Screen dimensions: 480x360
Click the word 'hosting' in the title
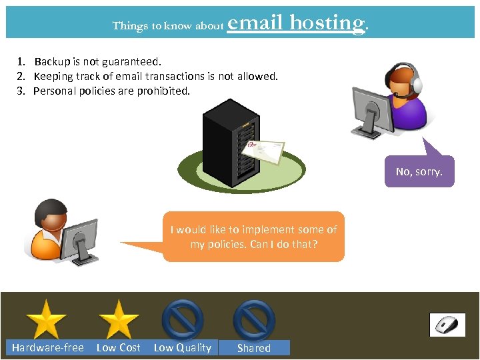[x=327, y=23]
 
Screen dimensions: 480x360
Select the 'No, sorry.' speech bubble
[x=419, y=171]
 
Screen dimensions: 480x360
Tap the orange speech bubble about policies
[x=253, y=237]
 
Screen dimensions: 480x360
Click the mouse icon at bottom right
[x=447, y=325]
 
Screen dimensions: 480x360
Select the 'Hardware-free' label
[x=48, y=347]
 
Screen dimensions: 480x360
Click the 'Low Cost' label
[x=119, y=347]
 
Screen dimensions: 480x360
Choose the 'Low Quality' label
[x=182, y=347]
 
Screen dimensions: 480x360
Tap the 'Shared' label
[x=254, y=348]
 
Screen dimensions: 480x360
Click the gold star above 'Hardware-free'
[x=47, y=319]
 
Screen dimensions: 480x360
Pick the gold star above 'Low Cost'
[x=118, y=319]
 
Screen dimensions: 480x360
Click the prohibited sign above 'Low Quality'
[x=182, y=319]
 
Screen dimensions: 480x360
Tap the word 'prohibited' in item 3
[x=163, y=91]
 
